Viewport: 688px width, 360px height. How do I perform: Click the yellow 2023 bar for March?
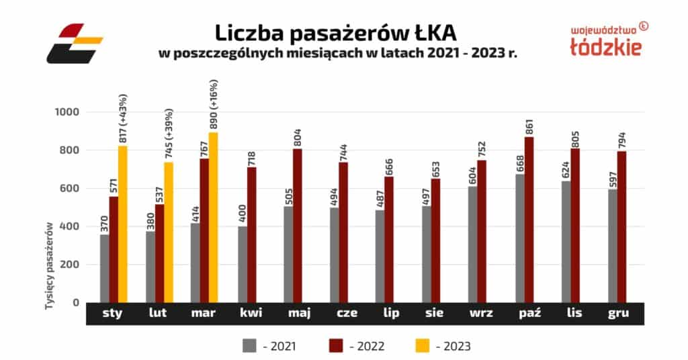click(214, 217)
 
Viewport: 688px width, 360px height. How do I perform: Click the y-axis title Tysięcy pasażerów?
click(49, 267)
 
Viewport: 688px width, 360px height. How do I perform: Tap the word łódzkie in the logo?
click(605, 46)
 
